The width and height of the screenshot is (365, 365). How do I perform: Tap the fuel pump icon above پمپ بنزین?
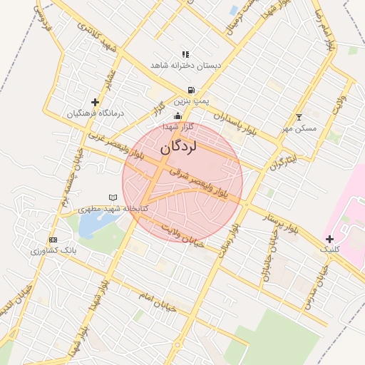click(x=190, y=91)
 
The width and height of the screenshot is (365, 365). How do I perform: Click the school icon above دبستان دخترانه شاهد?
click(x=185, y=54)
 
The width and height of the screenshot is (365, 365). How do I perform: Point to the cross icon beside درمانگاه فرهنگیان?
click(x=96, y=103)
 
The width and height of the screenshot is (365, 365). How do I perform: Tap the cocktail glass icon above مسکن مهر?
click(x=299, y=118)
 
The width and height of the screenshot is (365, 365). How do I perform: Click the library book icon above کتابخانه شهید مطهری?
click(x=111, y=197)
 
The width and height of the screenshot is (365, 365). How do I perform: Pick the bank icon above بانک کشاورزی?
click(x=52, y=240)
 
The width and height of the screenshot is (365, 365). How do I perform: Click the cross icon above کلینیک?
click(x=329, y=239)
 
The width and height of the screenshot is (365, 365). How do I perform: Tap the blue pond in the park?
click(x=93, y=225)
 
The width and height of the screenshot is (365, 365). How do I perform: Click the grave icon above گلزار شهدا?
click(x=178, y=115)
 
